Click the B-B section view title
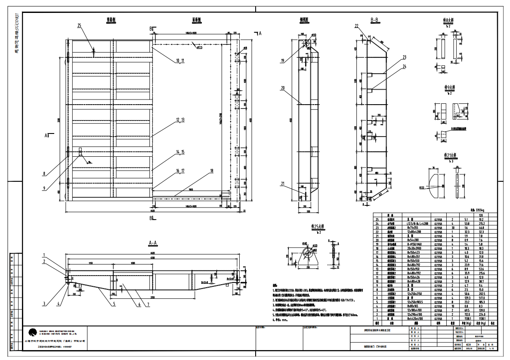375,20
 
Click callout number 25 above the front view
80,26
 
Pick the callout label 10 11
180,61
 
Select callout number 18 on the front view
211,171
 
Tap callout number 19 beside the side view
283,61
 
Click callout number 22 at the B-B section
356,26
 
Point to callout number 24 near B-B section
405,66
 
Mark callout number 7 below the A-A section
148,305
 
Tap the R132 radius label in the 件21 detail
433,188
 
